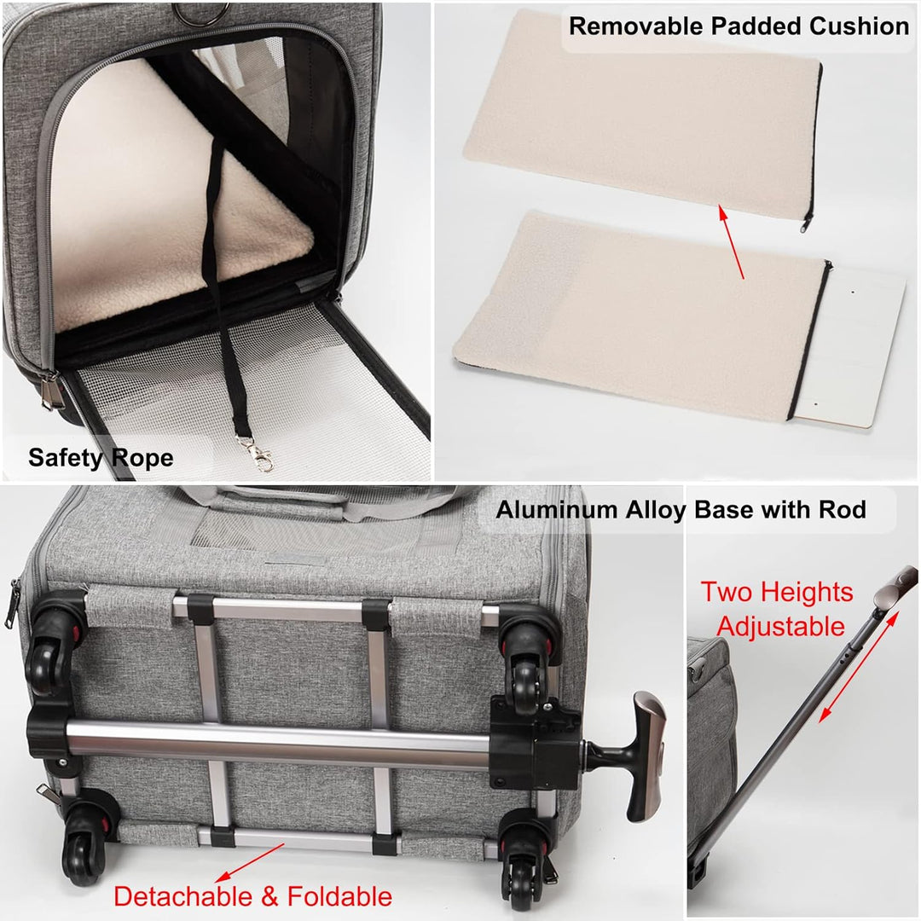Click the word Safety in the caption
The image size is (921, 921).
tap(65, 458)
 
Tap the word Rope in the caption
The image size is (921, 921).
tap(142, 459)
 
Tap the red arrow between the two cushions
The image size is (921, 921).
tap(732, 241)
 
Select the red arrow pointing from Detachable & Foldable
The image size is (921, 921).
tap(250, 863)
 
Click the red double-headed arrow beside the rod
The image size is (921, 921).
tap(859, 667)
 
